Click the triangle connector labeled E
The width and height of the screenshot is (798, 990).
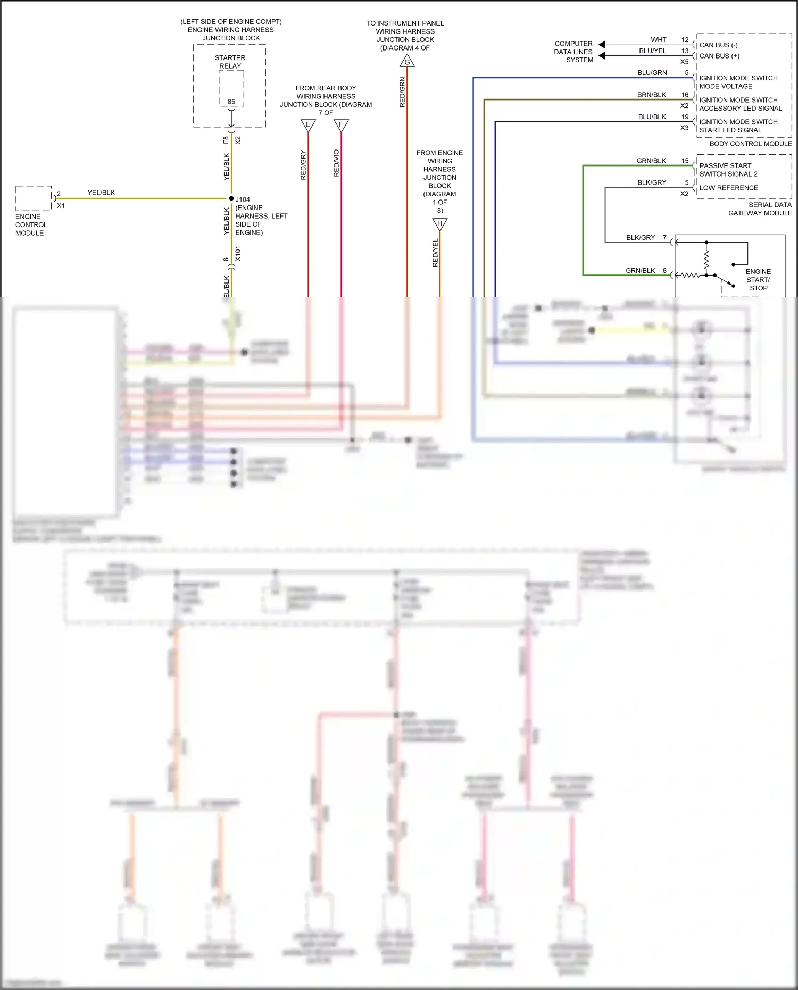click(x=308, y=126)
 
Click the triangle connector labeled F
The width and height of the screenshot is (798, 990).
click(x=341, y=126)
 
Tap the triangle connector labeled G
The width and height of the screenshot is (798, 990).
click(x=407, y=61)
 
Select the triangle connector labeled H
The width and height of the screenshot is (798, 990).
click(x=439, y=224)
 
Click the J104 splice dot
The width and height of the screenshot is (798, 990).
click(x=231, y=198)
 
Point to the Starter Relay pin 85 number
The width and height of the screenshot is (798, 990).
click(x=231, y=102)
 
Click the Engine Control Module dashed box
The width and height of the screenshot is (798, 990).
click(x=34, y=198)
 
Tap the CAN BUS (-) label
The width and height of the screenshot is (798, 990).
click(x=718, y=45)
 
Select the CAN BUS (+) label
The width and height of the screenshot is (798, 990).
click(x=719, y=56)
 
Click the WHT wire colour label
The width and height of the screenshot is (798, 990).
click(x=659, y=40)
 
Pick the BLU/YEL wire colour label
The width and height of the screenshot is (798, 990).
click(x=652, y=51)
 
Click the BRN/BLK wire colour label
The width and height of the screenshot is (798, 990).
click(x=652, y=95)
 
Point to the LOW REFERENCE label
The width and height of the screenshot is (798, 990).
click(x=728, y=188)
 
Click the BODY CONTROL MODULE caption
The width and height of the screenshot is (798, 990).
click(x=750, y=144)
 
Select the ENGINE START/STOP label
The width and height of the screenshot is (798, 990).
click(x=758, y=280)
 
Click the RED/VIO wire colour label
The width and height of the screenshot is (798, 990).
click(x=336, y=163)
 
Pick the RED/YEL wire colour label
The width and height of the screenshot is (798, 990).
click(x=435, y=253)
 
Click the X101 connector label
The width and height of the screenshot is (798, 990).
click(x=238, y=253)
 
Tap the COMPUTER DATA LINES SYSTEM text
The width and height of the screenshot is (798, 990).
click(x=573, y=52)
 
